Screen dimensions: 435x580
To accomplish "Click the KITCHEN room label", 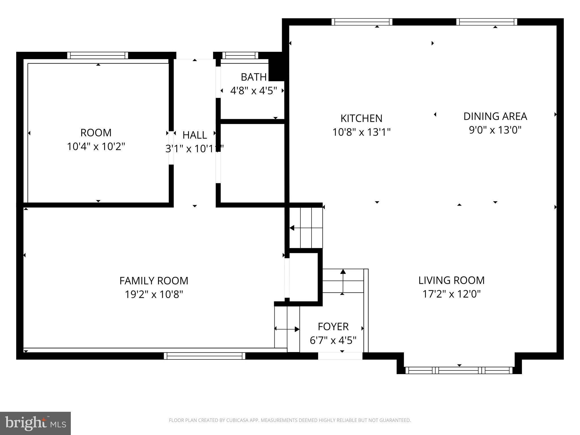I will coord(361,118).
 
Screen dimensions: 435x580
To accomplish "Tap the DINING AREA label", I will coord(495,116).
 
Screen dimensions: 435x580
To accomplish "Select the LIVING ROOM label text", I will coord(451,280).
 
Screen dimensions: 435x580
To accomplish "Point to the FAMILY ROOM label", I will coord(154,281).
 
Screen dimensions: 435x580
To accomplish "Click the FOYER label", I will coord(333,327).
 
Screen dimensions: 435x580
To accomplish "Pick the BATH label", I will coord(253,77).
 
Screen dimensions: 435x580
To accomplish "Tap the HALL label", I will coord(195,135).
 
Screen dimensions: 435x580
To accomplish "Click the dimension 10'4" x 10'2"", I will coord(96,147).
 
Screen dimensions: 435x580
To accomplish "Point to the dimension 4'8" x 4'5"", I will coord(253,91).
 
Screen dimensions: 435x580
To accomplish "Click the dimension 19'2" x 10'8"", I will coord(154,295).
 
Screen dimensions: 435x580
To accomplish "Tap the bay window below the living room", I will coord(459,370).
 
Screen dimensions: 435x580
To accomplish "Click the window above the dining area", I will coord(487,22).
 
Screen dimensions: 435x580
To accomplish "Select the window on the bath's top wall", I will coord(240,55).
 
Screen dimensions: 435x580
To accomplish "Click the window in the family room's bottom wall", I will coord(204,356).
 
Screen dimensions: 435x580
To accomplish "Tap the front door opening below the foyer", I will coord(340,356).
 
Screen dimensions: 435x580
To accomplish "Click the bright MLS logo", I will coord(35,423).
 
